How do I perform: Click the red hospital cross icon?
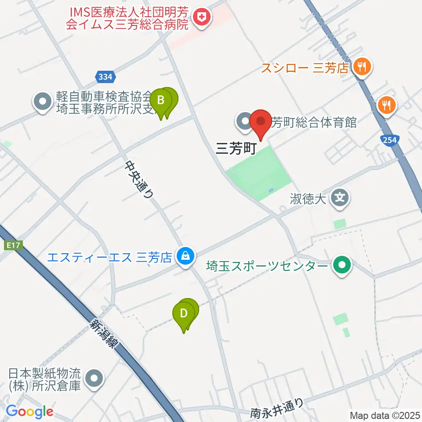coord(203,18)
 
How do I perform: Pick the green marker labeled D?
coord(183,315)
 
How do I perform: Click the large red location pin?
coord(261,122)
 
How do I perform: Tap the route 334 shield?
coord(105,77)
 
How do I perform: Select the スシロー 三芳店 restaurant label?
coord(305,68)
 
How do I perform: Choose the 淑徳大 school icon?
coord(340,197)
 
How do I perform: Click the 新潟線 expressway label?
coord(104,333)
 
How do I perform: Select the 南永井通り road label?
coord(277,407)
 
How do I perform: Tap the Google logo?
coord(29,412)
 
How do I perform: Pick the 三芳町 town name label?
coord(236,149)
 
